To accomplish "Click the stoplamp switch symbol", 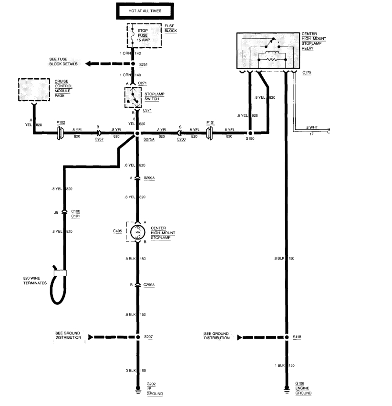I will click(x=137, y=98).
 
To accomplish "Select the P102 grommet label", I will click(x=61, y=123).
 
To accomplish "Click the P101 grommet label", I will click(x=210, y=123).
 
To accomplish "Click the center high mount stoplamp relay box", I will click(x=268, y=51).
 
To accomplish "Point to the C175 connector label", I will click(x=308, y=73).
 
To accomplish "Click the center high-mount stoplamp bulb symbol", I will click(x=137, y=232).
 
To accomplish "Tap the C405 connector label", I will click(x=117, y=231).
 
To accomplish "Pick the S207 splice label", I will click(x=149, y=337).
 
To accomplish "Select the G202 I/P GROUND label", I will click(x=155, y=389).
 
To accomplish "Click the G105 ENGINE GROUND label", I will click(x=303, y=388).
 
